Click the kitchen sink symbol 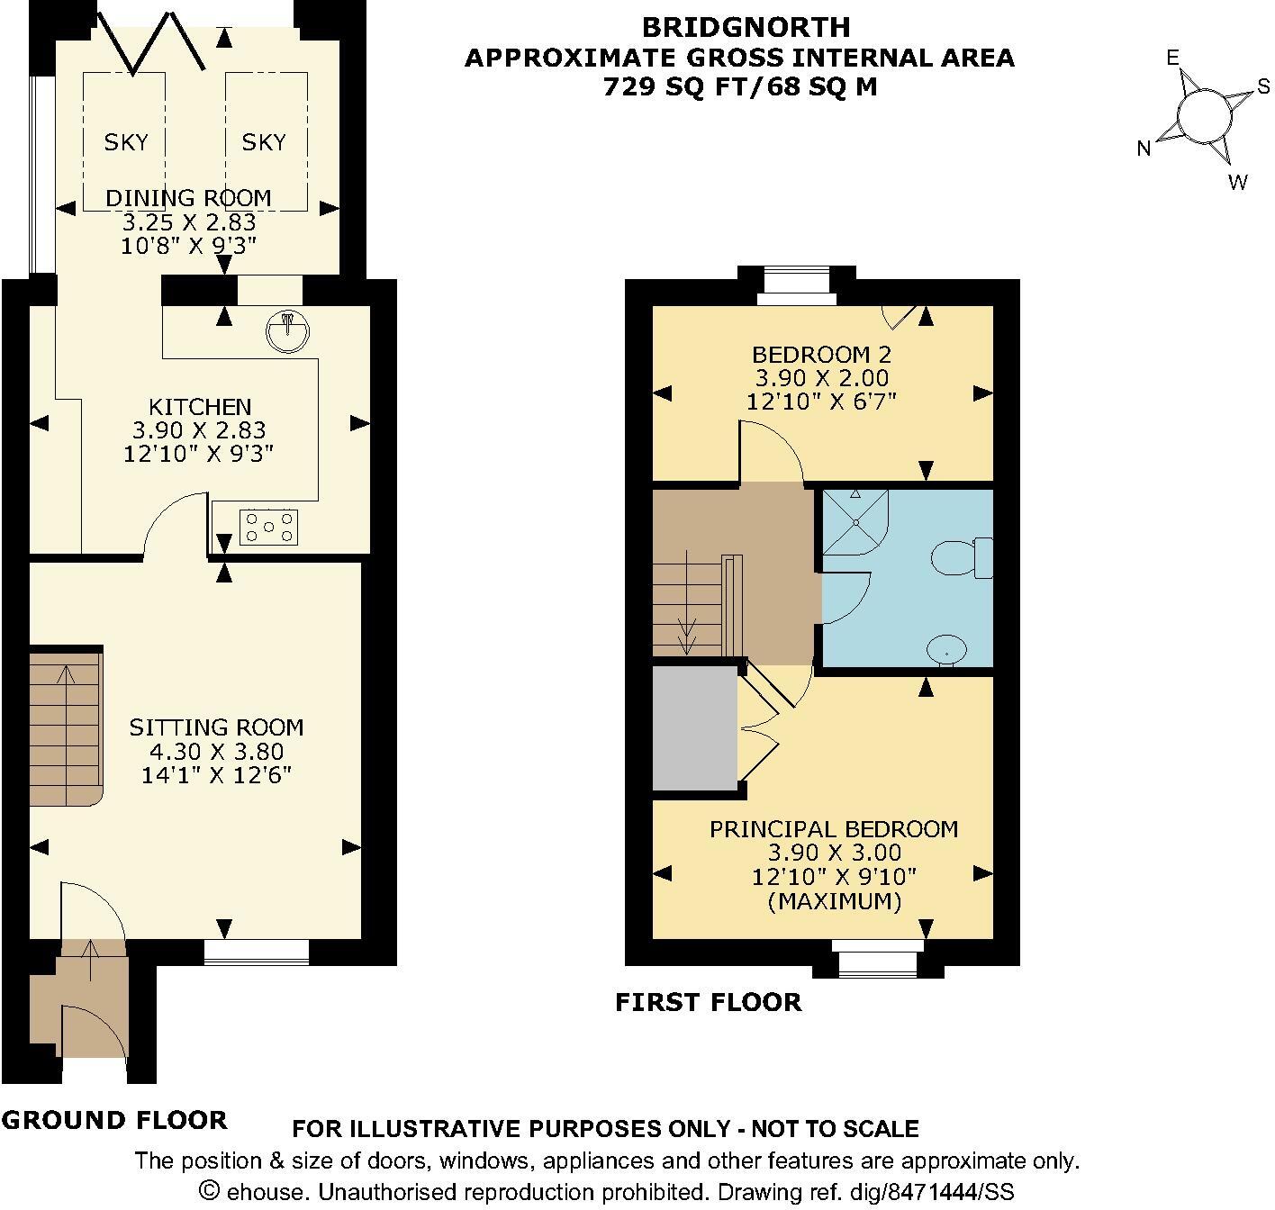pos(287,331)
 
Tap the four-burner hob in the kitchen pos(269,526)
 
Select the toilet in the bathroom pos(962,557)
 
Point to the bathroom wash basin pos(947,648)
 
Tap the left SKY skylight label pos(126,142)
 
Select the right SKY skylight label pos(263,142)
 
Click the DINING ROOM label pos(188,198)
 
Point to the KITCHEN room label pos(200,407)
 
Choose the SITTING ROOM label pos(217,727)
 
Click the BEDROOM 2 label pos(822,355)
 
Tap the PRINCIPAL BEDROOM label pos(834,829)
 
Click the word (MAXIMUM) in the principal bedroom pos(835,901)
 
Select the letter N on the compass pos(1144,149)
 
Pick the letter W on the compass pos(1237,182)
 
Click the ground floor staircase pos(66,727)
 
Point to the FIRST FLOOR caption pos(709,1002)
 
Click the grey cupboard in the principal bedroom pos(694,727)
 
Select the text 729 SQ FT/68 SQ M pos(740,87)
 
